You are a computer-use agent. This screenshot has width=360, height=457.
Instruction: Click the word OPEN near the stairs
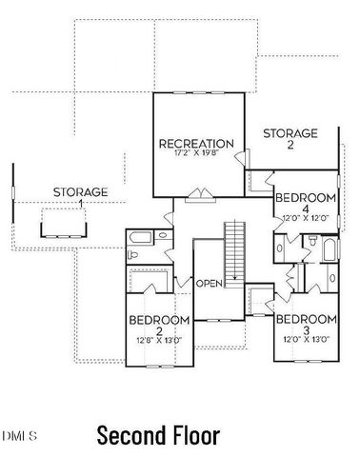coord(210,284)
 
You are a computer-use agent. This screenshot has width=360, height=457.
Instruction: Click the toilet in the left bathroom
coord(136,256)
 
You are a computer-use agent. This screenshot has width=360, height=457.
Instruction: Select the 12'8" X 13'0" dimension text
coord(157,340)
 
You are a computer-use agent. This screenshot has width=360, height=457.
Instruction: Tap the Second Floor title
coord(158,435)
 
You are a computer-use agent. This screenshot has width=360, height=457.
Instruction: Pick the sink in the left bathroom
coord(162,234)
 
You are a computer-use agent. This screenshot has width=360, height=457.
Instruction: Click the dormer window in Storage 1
coord(62,225)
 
